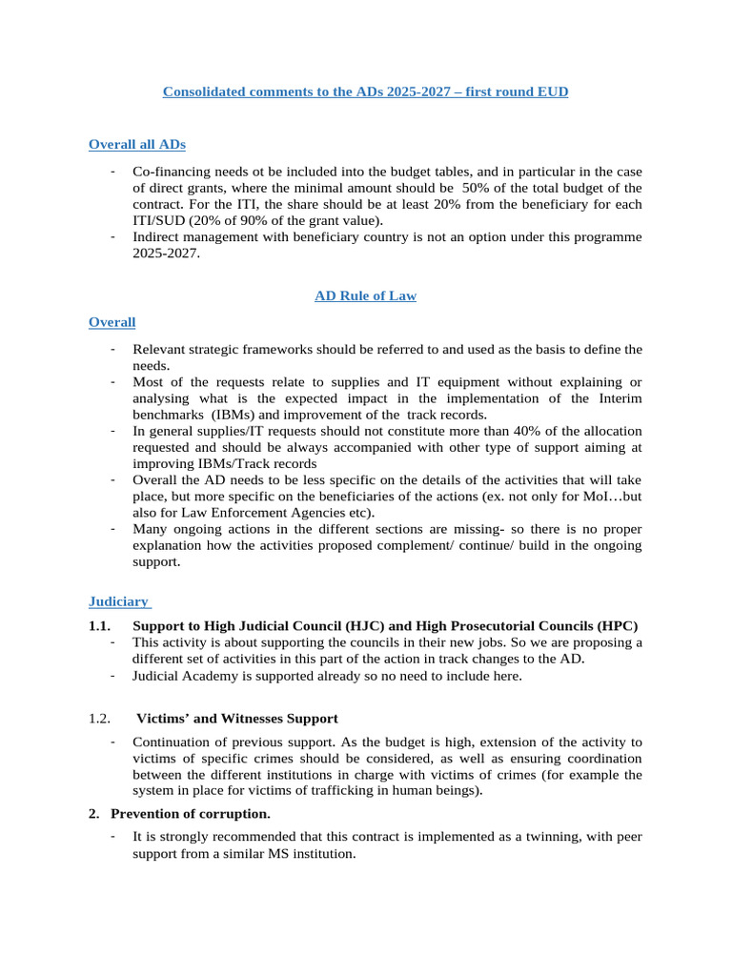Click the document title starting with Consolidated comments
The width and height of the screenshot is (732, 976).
365,92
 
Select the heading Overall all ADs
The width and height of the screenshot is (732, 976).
137,145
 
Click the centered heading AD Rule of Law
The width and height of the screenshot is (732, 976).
365,296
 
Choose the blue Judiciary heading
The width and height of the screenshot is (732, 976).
118,601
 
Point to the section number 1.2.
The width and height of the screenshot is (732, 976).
100,719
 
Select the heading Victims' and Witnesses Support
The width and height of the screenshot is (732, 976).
236,719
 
